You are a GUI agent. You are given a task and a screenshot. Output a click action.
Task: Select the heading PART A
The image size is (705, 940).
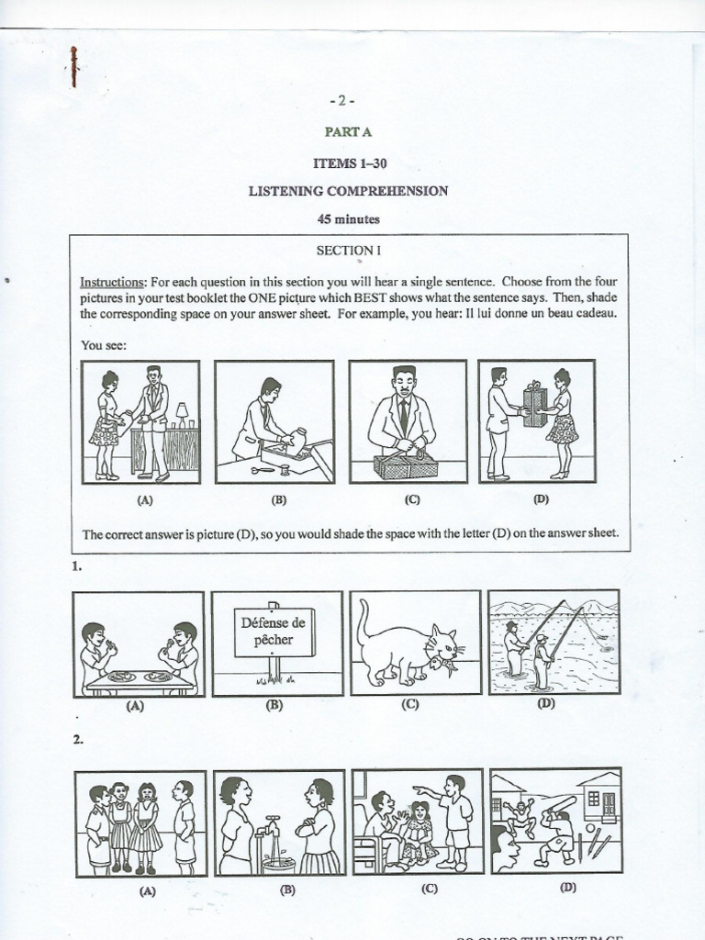tap(347, 132)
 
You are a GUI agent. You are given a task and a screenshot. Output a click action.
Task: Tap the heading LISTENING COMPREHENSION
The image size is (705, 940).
tap(348, 191)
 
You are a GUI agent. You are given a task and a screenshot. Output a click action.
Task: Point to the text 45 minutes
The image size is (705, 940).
tap(348, 219)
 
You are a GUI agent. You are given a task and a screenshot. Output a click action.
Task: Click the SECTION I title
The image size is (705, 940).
tap(347, 250)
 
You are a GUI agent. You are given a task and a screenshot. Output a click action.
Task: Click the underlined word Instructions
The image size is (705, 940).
tap(113, 283)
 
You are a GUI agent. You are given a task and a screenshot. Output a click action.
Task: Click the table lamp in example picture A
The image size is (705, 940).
tap(182, 411)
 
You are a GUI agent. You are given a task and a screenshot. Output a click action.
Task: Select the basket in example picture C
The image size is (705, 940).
tap(405, 464)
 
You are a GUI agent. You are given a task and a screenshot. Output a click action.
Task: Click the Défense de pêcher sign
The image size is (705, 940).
tap(274, 632)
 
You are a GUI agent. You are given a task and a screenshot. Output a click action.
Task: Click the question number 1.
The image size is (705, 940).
tap(77, 568)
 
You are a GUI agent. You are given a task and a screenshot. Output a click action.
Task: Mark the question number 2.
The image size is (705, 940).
tap(78, 738)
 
